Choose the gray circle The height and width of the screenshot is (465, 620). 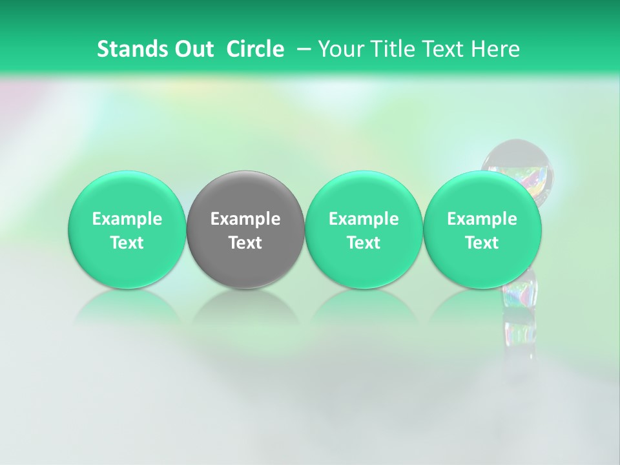[x=245, y=230]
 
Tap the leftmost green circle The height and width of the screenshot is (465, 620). [x=127, y=230]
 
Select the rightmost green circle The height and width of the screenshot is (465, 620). [x=482, y=230]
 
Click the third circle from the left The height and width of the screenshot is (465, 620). [x=364, y=230]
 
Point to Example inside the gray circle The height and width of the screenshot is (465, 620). [x=245, y=219]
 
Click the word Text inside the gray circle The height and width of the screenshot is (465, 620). [x=245, y=243]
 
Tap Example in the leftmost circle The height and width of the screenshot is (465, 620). [x=127, y=219]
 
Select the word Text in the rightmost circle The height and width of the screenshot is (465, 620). [x=482, y=243]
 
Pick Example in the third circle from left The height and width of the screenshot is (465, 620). [x=364, y=219]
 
